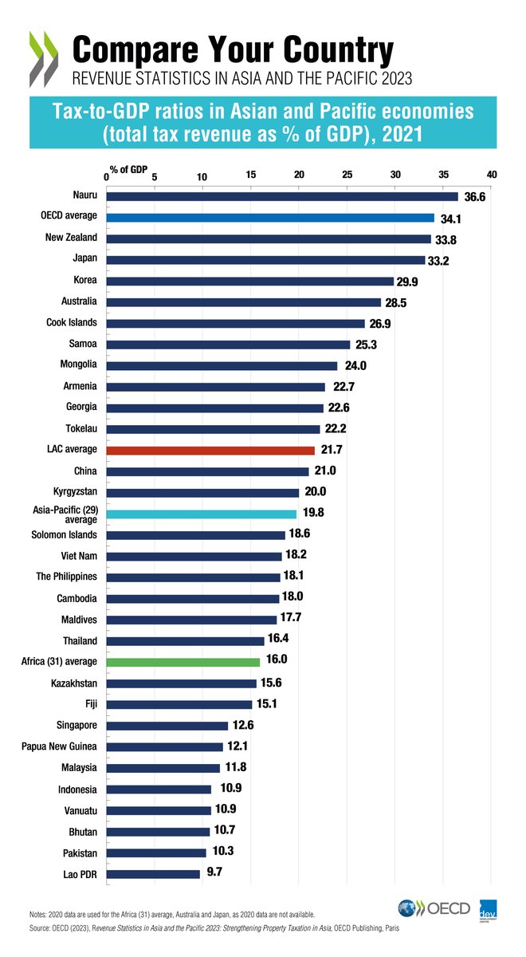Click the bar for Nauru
click(x=282, y=196)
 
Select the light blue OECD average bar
click(x=270, y=218)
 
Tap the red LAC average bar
click(x=210, y=451)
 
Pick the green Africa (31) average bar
click(x=183, y=662)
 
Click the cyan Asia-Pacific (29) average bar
click(x=201, y=514)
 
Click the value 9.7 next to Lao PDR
click(x=214, y=873)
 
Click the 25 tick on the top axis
click(x=347, y=175)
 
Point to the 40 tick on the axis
click(x=492, y=175)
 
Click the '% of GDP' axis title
click(x=128, y=168)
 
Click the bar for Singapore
click(x=167, y=726)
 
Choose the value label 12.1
click(x=237, y=746)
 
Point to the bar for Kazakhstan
click(x=181, y=683)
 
